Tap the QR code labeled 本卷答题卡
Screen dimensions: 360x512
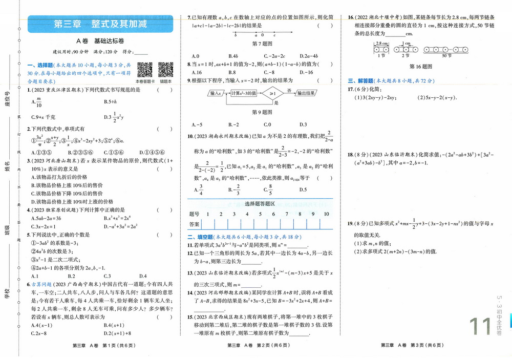point(145,70)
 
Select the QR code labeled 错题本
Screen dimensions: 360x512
point(165,70)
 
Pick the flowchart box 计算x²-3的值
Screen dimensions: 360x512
point(244,93)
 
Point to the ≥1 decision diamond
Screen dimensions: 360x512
point(272,93)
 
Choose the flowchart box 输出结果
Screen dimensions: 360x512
point(309,93)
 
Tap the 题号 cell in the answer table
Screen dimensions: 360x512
point(195,214)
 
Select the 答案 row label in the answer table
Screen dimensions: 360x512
point(195,224)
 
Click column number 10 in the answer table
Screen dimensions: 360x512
point(326,214)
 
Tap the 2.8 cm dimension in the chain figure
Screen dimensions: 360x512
point(380,44)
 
